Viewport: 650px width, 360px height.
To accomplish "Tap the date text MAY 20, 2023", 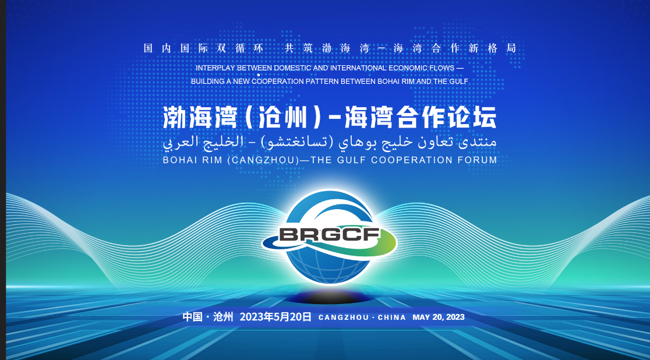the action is [439, 317].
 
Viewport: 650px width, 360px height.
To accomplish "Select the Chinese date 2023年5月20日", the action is [275, 317].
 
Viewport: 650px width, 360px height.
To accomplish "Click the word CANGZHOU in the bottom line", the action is [344, 317].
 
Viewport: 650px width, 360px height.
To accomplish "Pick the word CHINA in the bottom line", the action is [392, 317].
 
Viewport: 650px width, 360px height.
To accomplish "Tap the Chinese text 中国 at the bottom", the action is [192, 317].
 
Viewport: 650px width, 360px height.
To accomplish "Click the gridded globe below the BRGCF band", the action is [330, 266].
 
